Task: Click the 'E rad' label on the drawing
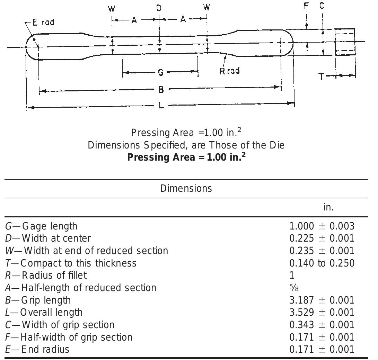pyautogui.click(x=43, y=22)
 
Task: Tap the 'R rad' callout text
pyautogui.click(x=230, y=71)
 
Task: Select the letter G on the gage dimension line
pyautogui.click(x=160, y=72)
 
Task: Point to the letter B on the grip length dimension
pyautogui.click(x=161, y=90)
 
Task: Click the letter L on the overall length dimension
pyautogui.click(x=161, y=105)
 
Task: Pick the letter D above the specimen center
pyautogui.click(x=159, y=8)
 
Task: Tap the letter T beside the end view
pyautogui.click(x=322, y=76)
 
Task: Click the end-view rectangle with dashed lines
pyautogui.click(x=345, y=42)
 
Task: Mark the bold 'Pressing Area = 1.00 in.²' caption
pyautogui.click(x=187, y=157)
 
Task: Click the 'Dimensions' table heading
pyautogui.click(x=186, y=188)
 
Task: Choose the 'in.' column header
pyautogui.click(x=328, y=207)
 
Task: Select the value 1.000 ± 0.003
pyautogui.click(x=322, y=226)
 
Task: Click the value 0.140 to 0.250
pyautogui.click(x=322, y=263)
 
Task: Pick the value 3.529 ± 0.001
pyautogui.click(x=322, y=312)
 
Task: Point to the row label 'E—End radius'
pyautogui.click(x=37, y=349)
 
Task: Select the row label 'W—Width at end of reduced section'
pyautogui.click(x=87, y=251)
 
